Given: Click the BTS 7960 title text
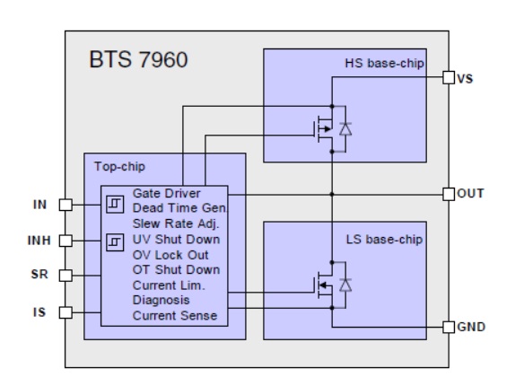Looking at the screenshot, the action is pyautogui.click(x=138, y=59).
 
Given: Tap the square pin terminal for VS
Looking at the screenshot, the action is pyautogui.click(x=449, y=77).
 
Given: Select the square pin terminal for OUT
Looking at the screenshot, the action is pyautogui.click(x=449, y=194).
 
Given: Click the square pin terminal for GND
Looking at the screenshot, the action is pyautogui.click(x=449, y=327).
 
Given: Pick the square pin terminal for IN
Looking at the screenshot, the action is pyautogui.click(x=65, y=205).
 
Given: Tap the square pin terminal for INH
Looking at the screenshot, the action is pyautogui.click(x=65, y=241).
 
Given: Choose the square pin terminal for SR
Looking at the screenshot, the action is pyautogui.click(x=65, y=276).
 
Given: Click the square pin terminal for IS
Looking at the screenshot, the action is pyautogui.click(x=65, y=312).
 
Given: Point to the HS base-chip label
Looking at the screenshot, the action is pyautogui.click(x=384, y=63).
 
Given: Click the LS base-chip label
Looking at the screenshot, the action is pyautogui.click(x=384, y=240).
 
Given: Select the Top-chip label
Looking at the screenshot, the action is pyautogui.click(x=119, y=167).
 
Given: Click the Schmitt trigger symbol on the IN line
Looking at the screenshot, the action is pyautogui.click(x=115, y=205).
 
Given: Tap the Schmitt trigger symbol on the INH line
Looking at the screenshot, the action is pyautogui.click(x=115, y=242).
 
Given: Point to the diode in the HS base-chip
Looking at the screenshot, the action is pyautogui.click(x=345, y=129).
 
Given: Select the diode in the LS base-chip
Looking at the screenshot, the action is pyautogui.click(x=345, y=285).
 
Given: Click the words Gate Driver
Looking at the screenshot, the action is pyautogui.click(x=166, y=193).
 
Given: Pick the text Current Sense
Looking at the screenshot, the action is pyautogui.click(x=175, y=316).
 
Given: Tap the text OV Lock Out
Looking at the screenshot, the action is pyautogui.click(x=170, y=255).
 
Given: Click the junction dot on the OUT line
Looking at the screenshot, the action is pyautogui.click(x=332, y=194).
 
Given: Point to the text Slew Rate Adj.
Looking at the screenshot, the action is pyautogui.click(x=176, y=224).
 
